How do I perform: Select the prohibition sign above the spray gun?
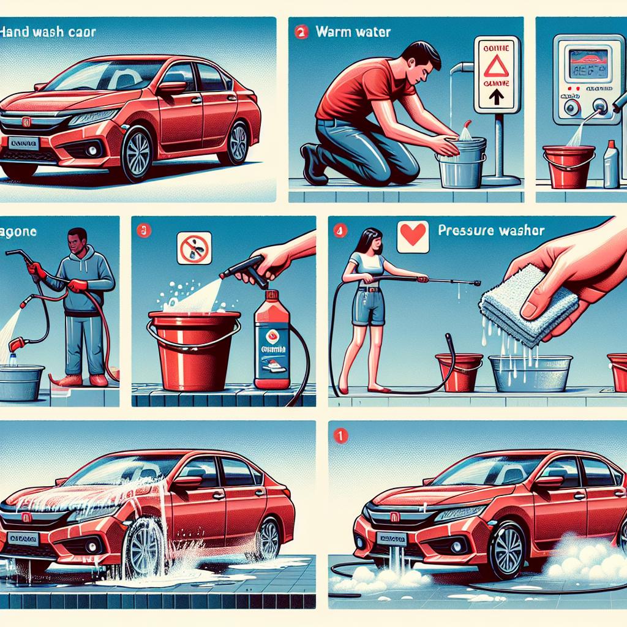click(x=195, y=247)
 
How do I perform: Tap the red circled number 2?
click(x=301, y=32)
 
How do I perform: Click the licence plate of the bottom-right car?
click(x=392, y=539)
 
